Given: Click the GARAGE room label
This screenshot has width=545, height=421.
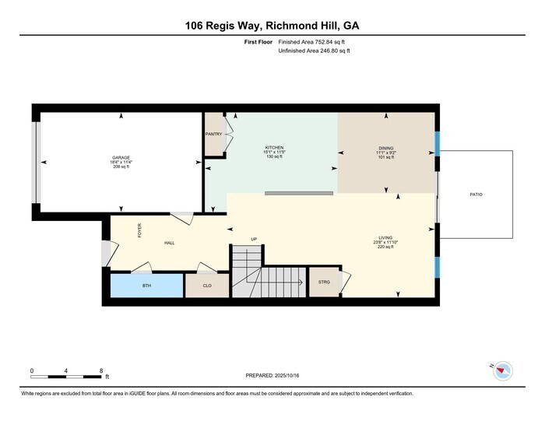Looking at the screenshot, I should point(121,157).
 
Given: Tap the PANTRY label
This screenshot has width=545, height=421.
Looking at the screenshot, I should point(213,134).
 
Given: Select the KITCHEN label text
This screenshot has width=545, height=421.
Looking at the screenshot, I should point(273,147).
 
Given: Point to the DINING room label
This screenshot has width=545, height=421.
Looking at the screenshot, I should point(385,147).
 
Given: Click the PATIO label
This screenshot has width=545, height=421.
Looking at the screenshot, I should point(476,194).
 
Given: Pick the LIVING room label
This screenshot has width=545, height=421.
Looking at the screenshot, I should point(385,239).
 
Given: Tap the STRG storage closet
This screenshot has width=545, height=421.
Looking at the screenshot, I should point(324,282).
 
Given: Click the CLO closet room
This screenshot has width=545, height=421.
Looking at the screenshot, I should point(207,286).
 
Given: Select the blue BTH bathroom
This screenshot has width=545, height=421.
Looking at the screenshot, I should point(146,286).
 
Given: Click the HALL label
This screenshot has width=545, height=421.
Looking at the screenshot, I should point(169,243).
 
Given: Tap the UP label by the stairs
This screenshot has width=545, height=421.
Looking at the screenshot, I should point(254,239).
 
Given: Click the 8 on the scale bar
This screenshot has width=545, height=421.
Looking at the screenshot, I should point(102,370).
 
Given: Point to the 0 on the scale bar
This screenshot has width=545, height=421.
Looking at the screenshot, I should point(32,370).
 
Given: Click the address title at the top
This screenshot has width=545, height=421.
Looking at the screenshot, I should point(272,26).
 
